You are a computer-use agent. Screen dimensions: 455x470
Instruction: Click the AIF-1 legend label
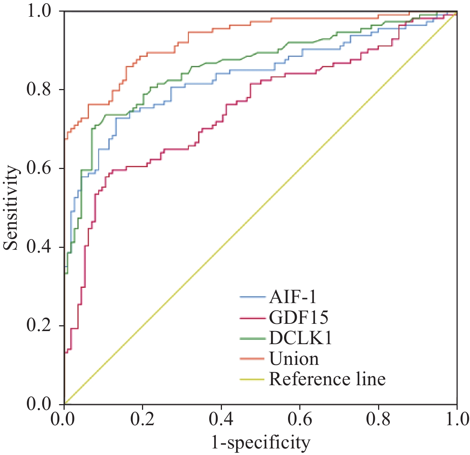click(292, 297)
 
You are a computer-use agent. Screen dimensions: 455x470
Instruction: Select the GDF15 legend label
click(299, 317)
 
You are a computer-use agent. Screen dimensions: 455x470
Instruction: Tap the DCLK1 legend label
click(300, 338)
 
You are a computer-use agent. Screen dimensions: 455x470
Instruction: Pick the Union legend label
click(294, 359)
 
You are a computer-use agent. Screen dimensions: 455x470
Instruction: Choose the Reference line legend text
click(327, 379)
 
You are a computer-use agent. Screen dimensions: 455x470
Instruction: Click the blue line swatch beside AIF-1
click(252, 297)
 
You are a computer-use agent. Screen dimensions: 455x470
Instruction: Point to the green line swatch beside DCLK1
click(252, 338)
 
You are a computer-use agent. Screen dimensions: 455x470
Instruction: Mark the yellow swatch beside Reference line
click(252, 379)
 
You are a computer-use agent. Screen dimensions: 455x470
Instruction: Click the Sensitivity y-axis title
click(11, 208)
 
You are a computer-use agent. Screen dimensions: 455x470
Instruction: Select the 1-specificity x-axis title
click(261, 443)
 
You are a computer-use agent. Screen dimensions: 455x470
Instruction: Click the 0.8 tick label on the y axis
click(39, 89)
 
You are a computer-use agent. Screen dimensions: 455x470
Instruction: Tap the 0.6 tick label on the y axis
click(39, 168)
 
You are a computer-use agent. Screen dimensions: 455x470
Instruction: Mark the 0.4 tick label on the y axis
click(39, 247)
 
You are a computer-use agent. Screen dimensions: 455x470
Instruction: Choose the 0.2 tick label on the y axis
click(39, 326)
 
